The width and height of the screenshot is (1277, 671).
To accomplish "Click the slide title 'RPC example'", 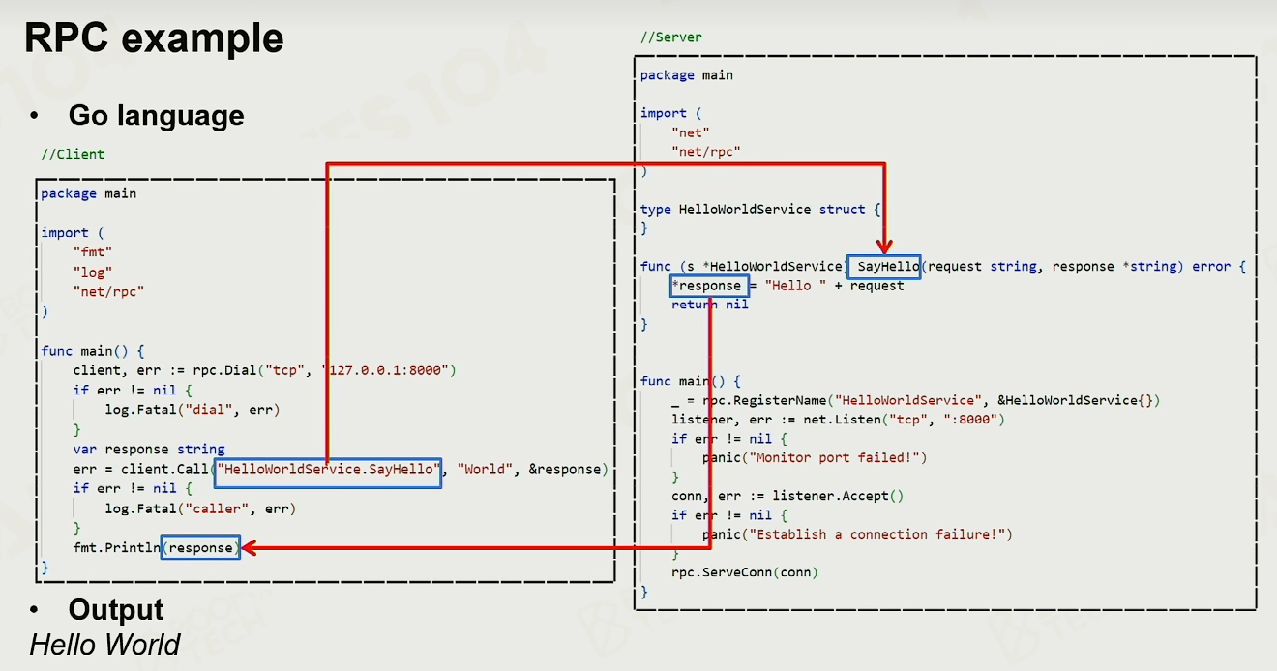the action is tap(154, 39).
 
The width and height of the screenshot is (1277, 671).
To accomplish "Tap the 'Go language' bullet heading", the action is tap(156, 116).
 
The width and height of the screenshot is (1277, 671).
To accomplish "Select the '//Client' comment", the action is tap(73, 154).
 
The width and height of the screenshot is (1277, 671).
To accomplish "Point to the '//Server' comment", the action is tap(671, 37).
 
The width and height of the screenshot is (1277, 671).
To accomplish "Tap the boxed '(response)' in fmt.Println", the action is tap(200, 547).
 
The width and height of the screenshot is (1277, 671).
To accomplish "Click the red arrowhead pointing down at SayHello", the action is tap(884, 247).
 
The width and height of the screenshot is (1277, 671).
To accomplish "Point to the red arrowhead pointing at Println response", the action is tap(250, 548).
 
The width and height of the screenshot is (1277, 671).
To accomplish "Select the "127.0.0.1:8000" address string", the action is tap(385, 371).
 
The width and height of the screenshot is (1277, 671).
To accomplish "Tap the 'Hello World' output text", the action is tap(104, 645).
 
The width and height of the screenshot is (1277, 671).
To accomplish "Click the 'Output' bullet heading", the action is tap(116, 609).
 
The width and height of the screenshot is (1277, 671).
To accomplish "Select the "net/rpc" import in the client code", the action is tap(108, 292).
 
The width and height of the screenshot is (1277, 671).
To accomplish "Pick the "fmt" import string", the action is tap(92, 251).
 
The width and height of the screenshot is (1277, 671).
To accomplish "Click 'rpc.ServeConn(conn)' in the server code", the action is tap(745, 572).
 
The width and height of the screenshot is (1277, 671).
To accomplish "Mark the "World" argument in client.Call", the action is tap(485, 469).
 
